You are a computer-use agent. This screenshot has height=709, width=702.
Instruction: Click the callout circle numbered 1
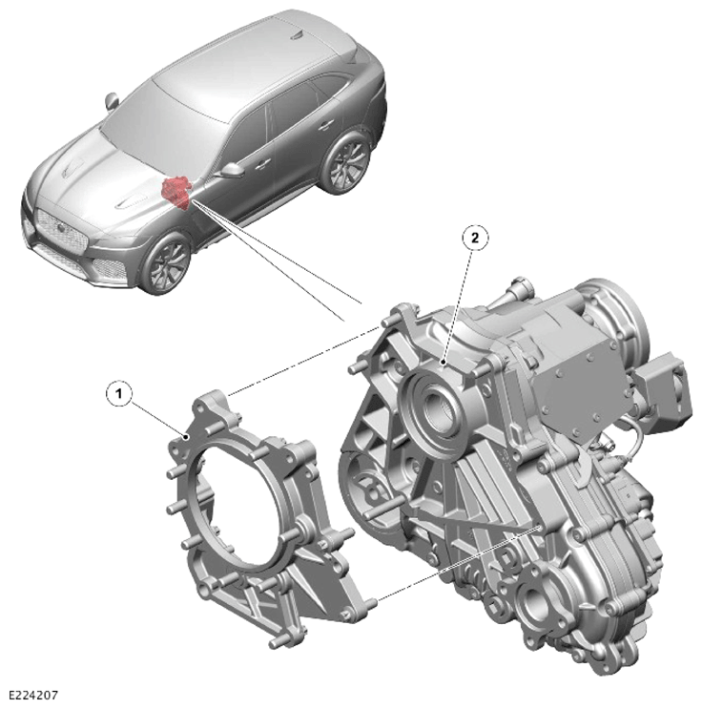click(x=119, y=394)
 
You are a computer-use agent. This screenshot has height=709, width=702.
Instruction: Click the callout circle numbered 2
click(x=475, y=239)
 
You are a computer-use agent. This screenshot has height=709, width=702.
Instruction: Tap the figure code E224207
click(x=33, y=695)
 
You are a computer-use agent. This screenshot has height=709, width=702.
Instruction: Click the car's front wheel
click(x=167, y=263)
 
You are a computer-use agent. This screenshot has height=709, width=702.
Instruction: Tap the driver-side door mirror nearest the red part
click(x=232, y=170)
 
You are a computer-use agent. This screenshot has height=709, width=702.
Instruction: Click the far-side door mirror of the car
click(x=112, y=101)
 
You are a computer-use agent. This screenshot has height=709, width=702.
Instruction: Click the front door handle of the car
click(x=262, y=164)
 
